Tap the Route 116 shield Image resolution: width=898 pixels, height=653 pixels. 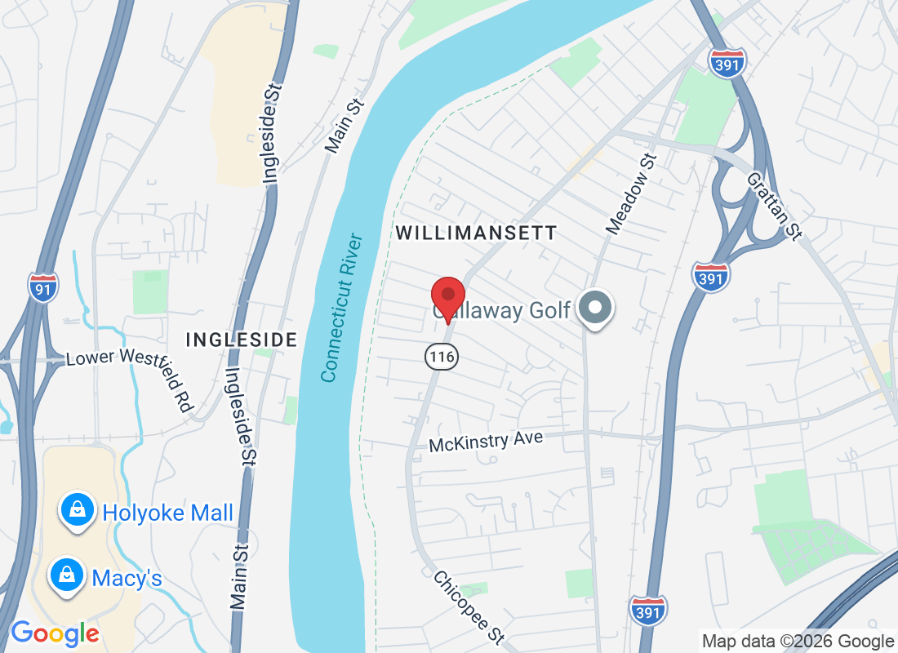(x=441, y=356)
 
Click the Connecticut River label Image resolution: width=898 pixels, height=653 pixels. (x=341, y=308)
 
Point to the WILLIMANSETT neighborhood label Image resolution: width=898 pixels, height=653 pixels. (x=476, y=233)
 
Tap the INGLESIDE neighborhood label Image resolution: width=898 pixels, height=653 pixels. (x=241, y=340)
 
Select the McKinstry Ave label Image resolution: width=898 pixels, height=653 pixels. (x=486, y=442)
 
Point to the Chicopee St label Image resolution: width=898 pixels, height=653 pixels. (x=469, y=606)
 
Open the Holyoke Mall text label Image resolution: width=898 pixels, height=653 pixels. (x=167, y=513)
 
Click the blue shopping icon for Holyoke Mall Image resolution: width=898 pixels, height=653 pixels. (x=76, y=511)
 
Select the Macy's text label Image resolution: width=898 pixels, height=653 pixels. (x=127, y=579)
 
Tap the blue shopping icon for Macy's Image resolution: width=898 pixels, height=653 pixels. (x=65, y=575)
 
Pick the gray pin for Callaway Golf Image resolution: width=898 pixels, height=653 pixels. (x=595, y=309)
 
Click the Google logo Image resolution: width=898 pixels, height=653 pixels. (x=55, y=633)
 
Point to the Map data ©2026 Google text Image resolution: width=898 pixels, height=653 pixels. (x=798, y=642)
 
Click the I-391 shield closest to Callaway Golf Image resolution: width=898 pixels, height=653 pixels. (x=708, y=277)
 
